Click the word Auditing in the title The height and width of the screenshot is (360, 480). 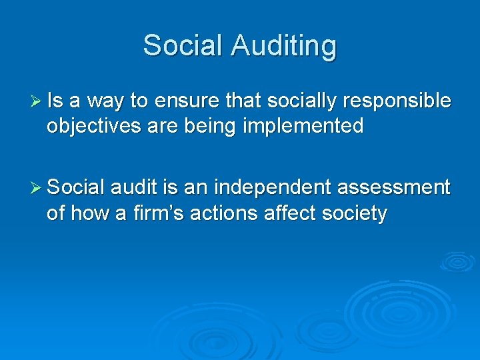[284, 46]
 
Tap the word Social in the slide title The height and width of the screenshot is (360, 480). [183, 46]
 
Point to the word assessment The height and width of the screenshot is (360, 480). [393, 189]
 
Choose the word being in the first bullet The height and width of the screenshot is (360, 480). [212, 126]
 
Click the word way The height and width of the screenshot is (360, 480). [106, 101]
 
